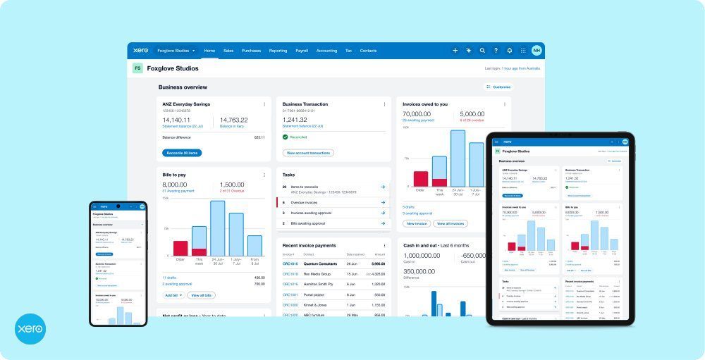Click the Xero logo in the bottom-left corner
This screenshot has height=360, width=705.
coord(30,329)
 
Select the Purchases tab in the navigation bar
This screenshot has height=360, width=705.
coord(251,51)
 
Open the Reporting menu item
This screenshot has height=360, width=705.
coord(278,51)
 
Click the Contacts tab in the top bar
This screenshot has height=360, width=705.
coord(368,51)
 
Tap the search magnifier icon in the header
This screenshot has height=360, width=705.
coord(482,51)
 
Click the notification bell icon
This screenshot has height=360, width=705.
coord(510,51)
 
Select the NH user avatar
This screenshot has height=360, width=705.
coord(537,51)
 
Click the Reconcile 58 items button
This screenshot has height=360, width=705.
coord(182,152)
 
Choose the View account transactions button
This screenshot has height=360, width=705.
coord(308,152)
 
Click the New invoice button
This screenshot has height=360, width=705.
coord(417,223)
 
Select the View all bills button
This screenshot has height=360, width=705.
coord(202,295)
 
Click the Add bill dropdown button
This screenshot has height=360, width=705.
coord(173,295)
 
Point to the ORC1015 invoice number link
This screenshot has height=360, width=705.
coord(290,263)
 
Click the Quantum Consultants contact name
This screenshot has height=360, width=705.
coord(320,263)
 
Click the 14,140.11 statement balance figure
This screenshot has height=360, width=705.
coord(176,120)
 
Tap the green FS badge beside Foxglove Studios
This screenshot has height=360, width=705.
coord(137,68)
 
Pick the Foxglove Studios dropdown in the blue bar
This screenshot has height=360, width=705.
coord(176,51)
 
